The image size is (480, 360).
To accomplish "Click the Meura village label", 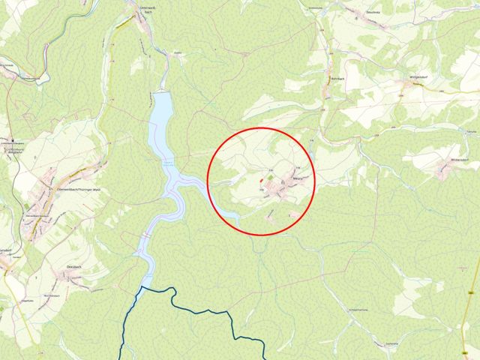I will point(298,178).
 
